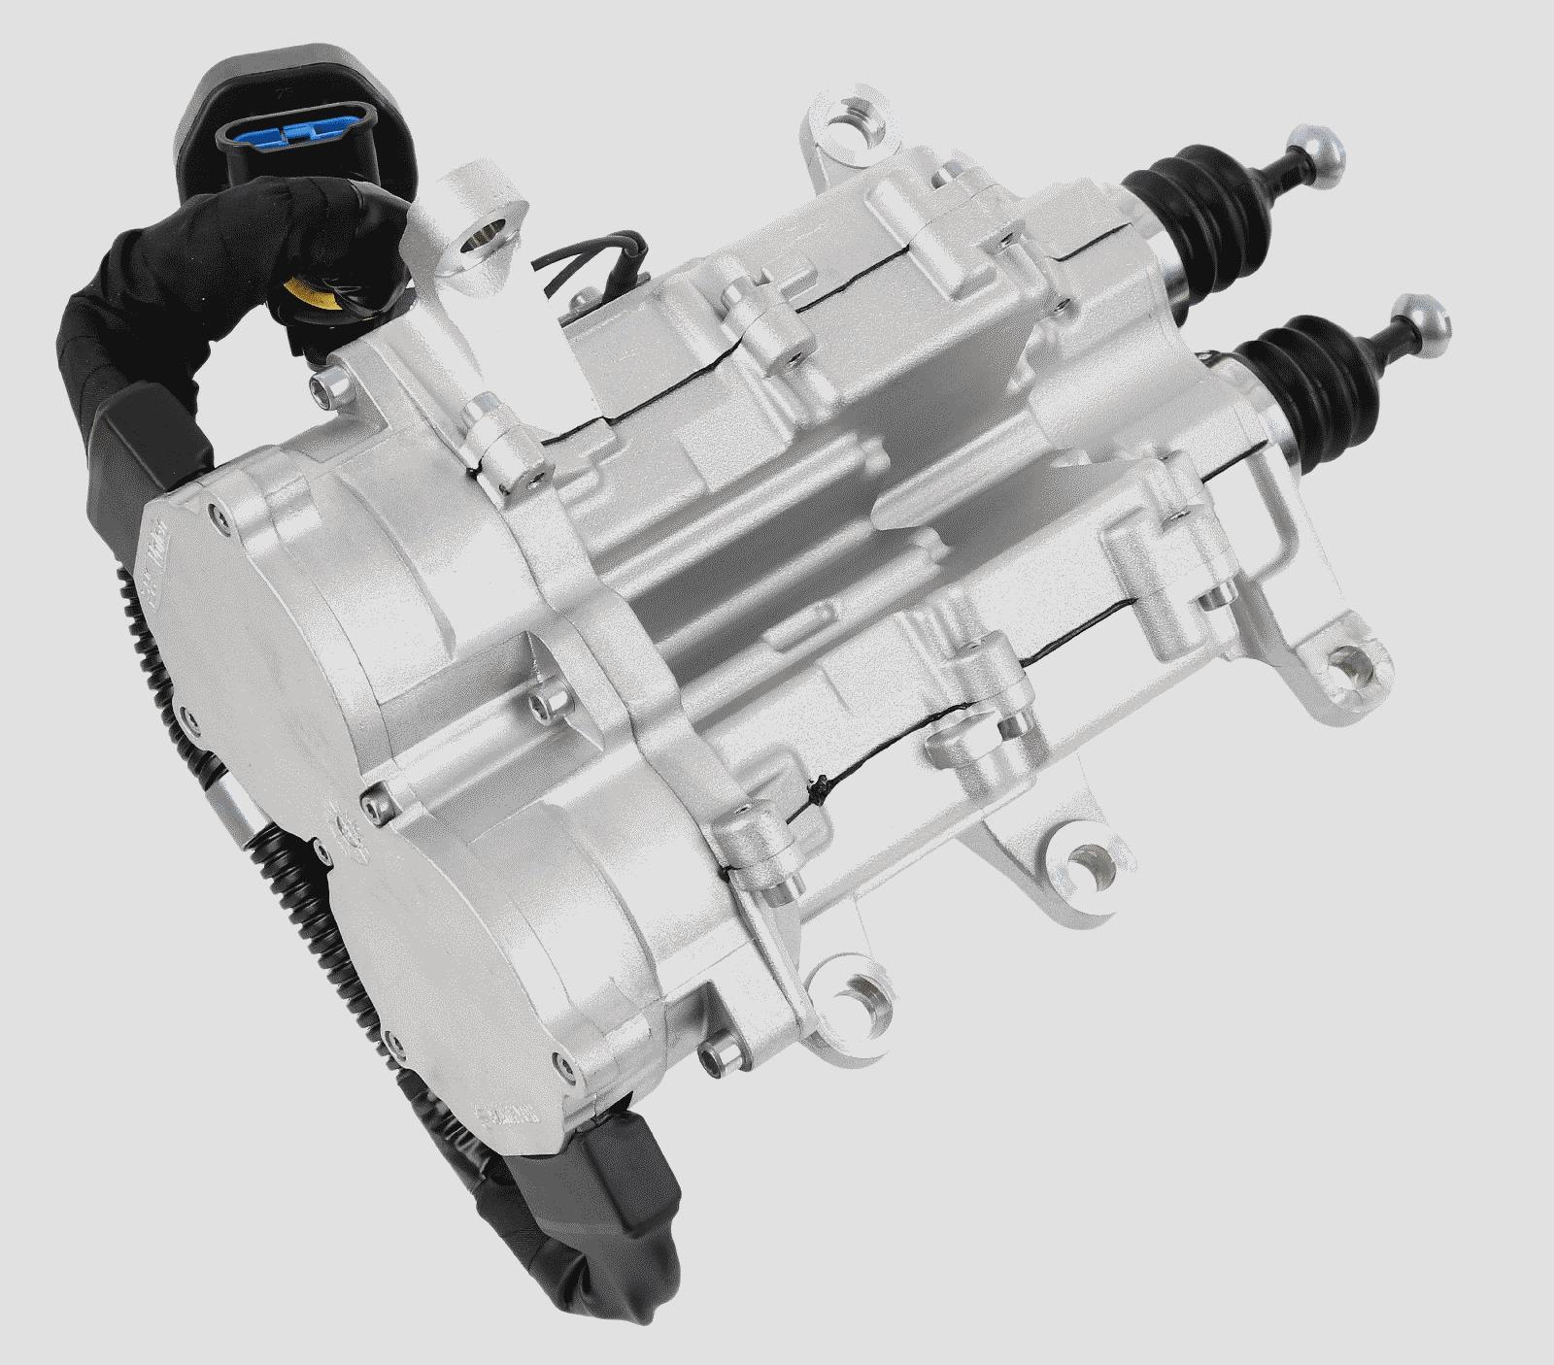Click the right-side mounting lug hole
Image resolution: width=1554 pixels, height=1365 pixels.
[x=1347, y=665]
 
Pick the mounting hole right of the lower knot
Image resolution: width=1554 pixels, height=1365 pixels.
[x=1080, y=858]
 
